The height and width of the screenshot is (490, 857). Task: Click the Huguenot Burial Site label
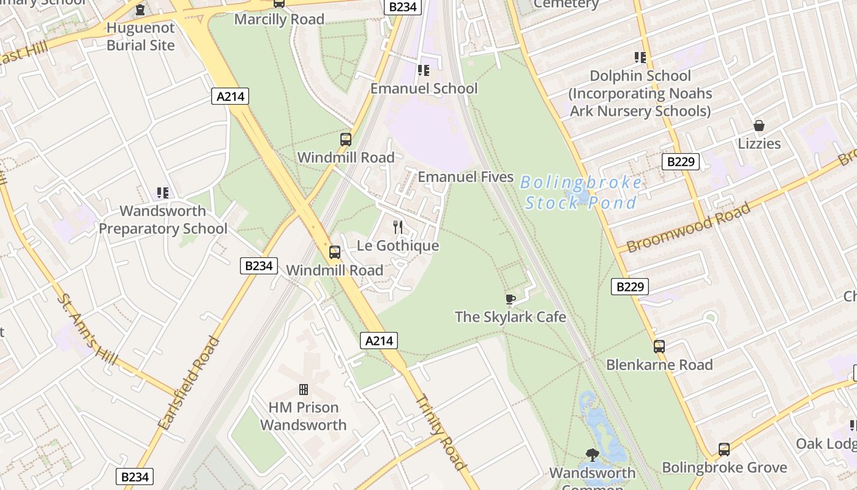click(x=140, y=37)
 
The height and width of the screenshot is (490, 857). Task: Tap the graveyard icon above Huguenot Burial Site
click(x=140, y=10)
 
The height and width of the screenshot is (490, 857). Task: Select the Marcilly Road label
click(x=279, y=19)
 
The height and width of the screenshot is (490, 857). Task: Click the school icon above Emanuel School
click(x=423, y=70)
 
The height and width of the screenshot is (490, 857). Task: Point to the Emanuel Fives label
click(x=465, y=177)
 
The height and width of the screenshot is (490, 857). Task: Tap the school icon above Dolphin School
click(x=640, y=58)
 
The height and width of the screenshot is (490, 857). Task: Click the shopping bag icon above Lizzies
click(x=759, y=126)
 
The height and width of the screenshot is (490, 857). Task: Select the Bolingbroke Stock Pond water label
click(x=580, y=192)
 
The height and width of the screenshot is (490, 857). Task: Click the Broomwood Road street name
click(x=689, y=227)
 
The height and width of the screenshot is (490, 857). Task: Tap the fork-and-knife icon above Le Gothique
click(x=398, y=227)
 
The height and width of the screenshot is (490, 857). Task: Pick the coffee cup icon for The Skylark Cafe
click(x=510, y=299)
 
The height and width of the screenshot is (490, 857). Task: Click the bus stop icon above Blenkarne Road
click(x=659, y=346)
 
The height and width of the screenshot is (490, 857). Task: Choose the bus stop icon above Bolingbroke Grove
click(x=724, y=450)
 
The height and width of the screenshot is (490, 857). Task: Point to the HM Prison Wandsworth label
click(x=303, y=416)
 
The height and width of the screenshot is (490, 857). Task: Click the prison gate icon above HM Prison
click(x=303, y=390)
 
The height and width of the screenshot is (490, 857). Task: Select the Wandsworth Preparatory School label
click(x=163, y=220)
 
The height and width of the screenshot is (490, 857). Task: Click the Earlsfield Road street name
click(x=189, y=383)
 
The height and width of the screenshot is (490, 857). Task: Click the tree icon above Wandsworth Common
click(x=592, y=454)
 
